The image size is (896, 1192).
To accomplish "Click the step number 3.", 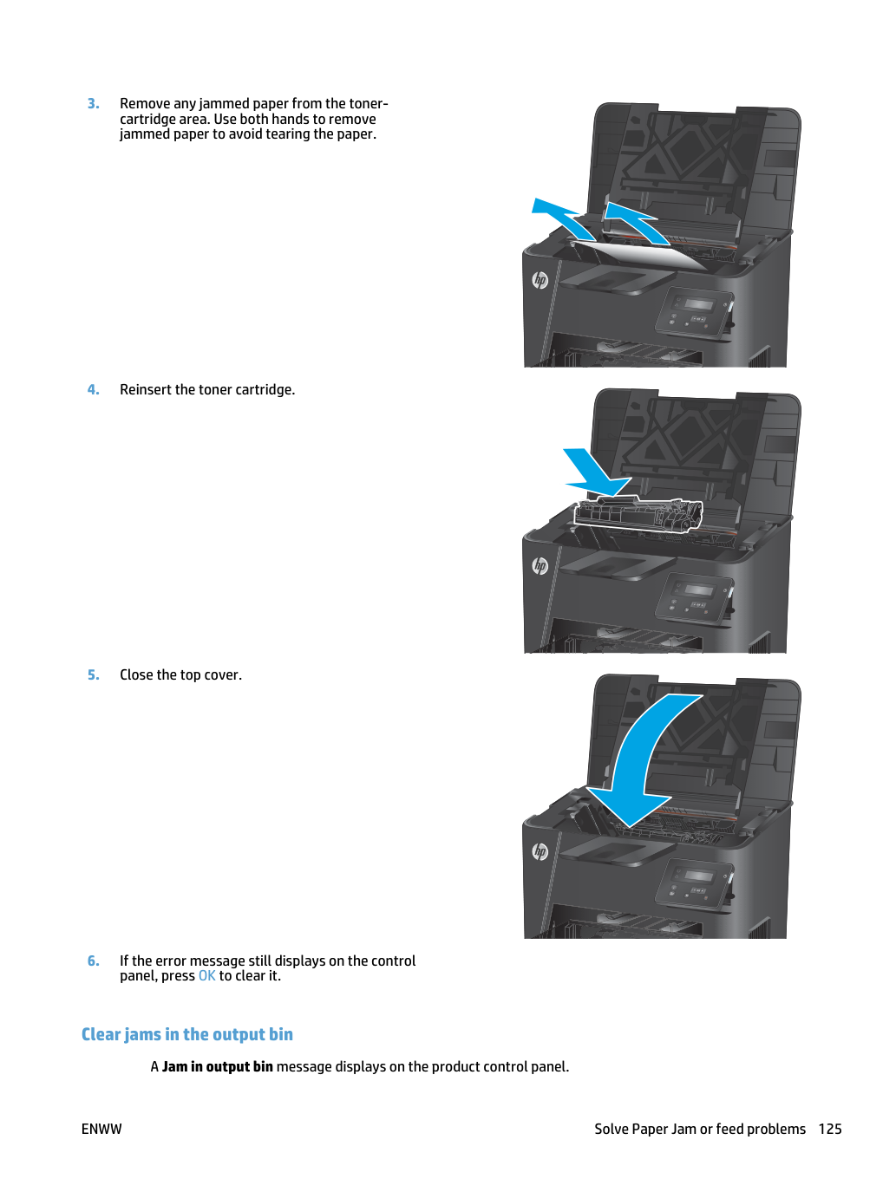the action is click(94, 103).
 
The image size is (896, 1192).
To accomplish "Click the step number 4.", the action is click(94, 389).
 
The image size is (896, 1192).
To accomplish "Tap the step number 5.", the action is click(94, 674).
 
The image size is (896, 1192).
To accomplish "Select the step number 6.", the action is click(94, 961).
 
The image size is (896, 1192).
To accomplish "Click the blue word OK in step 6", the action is click(206, 975).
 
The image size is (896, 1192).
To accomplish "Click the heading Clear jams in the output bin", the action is click(186, 1034).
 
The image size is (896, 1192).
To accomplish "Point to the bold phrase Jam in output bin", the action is click(218, 1066).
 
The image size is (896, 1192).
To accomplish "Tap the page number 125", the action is click(830, 1129).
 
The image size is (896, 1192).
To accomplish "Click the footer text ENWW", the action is click(101, 1129).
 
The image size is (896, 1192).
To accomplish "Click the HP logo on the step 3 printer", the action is click(540, 280).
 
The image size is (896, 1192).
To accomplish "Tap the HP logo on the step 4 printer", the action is click(540, 566).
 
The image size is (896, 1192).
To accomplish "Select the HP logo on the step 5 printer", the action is click(540, 851).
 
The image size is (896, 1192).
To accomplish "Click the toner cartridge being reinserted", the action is click(638, 515).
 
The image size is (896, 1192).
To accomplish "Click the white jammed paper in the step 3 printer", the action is click(641, 255).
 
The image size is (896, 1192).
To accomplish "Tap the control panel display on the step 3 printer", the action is click(699, 304).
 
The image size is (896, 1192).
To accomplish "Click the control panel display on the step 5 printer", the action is click(699, 876).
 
